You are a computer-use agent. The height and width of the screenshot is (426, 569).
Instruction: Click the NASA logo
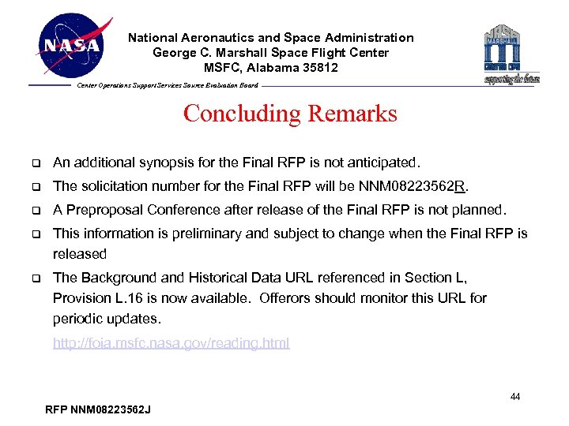coord(73,45)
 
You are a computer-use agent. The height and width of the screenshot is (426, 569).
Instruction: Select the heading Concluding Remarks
coord(290,114)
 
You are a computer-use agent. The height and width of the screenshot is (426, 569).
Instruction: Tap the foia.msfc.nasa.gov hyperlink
coord(171,343)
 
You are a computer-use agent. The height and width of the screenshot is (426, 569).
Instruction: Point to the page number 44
coord(514,397)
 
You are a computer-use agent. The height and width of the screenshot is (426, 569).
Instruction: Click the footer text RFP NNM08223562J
coord(99,409)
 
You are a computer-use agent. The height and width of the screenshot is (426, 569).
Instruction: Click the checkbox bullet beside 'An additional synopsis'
coord(36,163)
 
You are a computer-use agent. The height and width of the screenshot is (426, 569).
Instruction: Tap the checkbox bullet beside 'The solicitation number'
coord(36,187)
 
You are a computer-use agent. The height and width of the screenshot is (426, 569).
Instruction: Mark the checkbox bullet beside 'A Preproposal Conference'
coord(36,211)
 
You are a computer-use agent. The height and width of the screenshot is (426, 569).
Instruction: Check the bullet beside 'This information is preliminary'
coord(36,234)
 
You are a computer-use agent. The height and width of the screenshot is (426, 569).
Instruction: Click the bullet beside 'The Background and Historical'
coord(36,278)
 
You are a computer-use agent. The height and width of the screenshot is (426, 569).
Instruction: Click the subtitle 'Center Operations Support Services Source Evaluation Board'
coord(167,85)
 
